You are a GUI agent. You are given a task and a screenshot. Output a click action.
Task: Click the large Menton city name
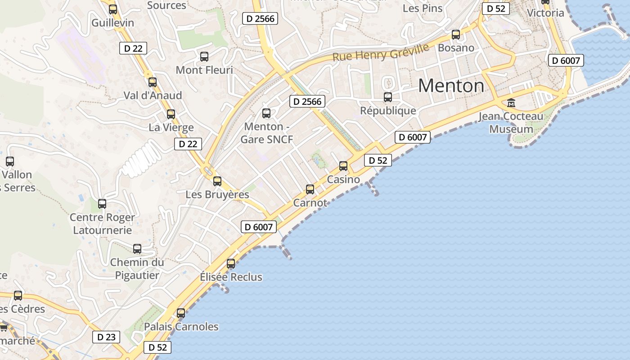click(x=451, y=85)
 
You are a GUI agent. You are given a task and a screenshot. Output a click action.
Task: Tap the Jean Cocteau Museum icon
click(x=511, y=103)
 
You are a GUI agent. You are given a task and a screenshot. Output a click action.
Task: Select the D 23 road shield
click(x=107, y=337)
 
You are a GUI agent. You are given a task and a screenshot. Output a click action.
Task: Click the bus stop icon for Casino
click(x=343, y=166)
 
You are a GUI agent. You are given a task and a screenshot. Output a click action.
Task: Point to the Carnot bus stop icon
click(x=310, y=189)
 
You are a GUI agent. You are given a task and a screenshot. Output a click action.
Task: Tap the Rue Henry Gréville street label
click(x=381, y=51)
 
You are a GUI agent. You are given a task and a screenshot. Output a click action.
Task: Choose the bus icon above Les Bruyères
click(x=217, y=181)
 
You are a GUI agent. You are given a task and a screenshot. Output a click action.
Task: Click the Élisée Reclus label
click(x=231, y=277)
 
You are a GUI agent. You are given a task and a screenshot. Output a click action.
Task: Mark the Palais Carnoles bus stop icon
click(x=181, y=313)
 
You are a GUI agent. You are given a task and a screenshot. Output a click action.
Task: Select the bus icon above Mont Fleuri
click(x=204, y=57)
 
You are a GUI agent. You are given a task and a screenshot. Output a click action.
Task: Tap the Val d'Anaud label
click(x=153, y=95)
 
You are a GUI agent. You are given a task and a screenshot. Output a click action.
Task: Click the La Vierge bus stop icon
click(x=171, y=114)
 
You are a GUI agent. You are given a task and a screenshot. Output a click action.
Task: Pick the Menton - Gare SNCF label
click(x=266, y=133)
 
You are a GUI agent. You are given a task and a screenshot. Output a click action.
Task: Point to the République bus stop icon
click(x=387, y=97)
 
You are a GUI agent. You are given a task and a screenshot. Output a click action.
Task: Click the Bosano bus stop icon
click(x=456, y=35)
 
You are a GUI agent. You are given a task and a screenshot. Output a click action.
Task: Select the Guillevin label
click(x=112, y=22)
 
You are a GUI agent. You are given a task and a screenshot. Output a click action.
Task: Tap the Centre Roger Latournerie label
click(x=102, y=224)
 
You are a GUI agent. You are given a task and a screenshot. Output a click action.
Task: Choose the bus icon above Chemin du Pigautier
click(x=137, y=249)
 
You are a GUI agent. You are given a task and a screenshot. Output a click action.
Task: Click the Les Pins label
click(x=423, y=8)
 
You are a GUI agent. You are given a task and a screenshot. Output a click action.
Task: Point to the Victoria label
click(x=545, y=13)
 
